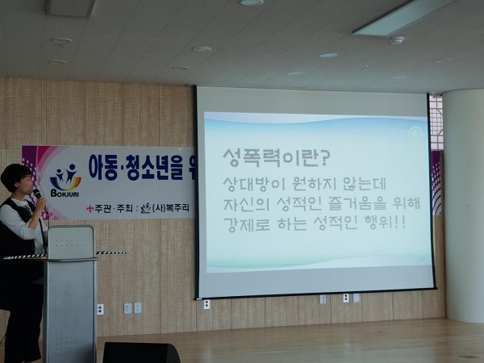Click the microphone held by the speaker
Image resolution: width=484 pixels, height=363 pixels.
click(x=38, y=194)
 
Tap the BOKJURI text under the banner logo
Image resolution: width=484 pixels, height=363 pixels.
click(x=65, y=194)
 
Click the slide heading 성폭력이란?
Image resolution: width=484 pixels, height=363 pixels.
click(x=277, y=158)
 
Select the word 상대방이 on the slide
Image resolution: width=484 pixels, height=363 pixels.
click(x=253, y=184)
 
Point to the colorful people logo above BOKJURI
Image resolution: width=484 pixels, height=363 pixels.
click(x=65, y=177)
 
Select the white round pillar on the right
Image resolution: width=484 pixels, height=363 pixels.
click(x=463, y=205)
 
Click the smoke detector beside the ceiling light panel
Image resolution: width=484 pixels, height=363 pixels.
click(x=397, y=40)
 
